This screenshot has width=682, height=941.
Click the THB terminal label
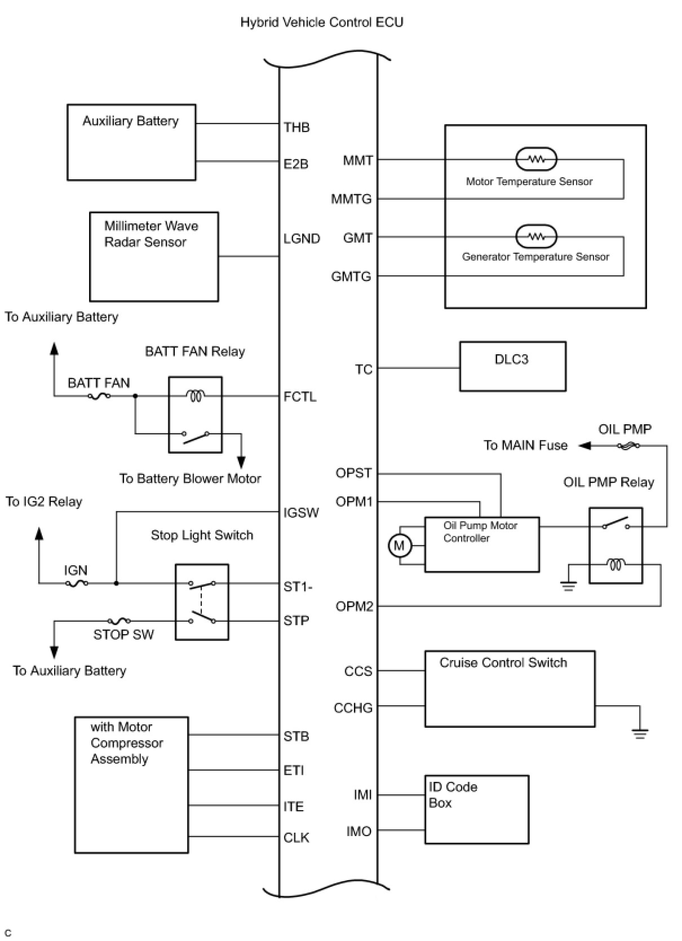[x=296, y=127]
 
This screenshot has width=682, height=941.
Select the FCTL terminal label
[x=300, y=397]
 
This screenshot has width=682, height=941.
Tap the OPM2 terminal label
[x=354, y=606]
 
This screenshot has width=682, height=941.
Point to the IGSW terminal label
[x=301, y=512]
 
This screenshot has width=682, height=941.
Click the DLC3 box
[x=512, y=366]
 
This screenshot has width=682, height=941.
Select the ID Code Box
[x=477, y=810]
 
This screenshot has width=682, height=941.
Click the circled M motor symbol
[x=400, y=546]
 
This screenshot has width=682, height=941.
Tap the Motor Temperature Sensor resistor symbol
[x=536, y=159]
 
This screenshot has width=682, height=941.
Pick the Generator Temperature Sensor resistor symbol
[x=536, y=236]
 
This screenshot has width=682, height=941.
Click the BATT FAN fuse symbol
[x=99, y=395]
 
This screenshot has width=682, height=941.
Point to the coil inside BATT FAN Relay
[x=196, y=395]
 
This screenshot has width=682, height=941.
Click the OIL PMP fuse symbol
[x=628, y=446]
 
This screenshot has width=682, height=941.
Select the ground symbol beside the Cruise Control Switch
[x=640, y=733]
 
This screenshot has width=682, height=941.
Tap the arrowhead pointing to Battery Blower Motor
[x=241, y=463]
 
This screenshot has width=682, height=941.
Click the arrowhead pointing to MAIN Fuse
[x=584, y=445]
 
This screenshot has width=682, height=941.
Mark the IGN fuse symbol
[x=77, y=583]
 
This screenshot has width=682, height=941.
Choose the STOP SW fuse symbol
[x=119, y=621]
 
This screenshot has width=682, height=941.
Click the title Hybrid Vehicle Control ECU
[x=321, y=22]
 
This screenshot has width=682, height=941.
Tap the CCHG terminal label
[x=353, y=708]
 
